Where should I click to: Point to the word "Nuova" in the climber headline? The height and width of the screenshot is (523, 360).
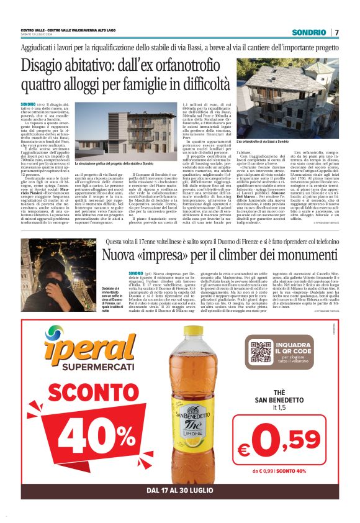tap(121, 255)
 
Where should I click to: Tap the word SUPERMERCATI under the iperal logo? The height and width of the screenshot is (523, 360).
tap(82, 369)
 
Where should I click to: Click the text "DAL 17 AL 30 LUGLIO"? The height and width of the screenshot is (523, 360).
tap(180, 491)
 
